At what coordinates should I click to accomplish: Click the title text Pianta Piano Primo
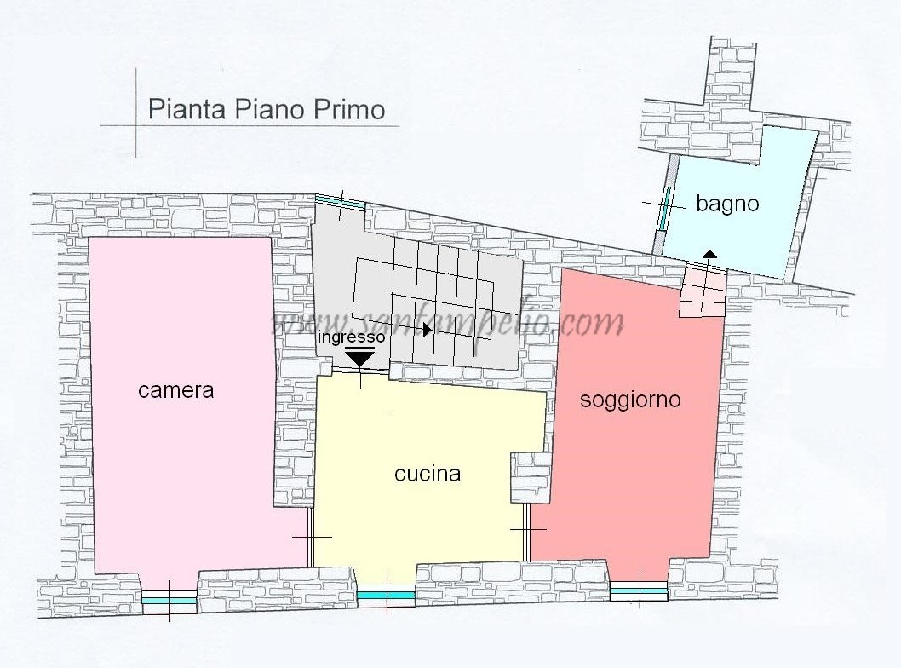266,110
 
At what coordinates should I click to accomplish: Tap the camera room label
175,391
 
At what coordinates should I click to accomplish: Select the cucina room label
428,474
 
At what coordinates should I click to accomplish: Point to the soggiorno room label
630,399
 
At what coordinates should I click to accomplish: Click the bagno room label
727,204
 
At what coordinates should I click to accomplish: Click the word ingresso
351,337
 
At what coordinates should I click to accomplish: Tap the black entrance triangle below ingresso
361,358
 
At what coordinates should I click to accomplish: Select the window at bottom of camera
169,600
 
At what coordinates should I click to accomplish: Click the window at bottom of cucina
385,595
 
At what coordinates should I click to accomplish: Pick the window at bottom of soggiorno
639,590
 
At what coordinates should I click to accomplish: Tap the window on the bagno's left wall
667,206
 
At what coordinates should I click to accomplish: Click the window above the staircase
340,203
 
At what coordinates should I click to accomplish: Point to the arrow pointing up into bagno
709,255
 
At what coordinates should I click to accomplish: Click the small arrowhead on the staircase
428,329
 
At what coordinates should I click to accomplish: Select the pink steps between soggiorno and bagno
703,291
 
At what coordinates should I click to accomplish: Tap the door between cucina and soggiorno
528,530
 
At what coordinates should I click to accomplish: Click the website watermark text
447,324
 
